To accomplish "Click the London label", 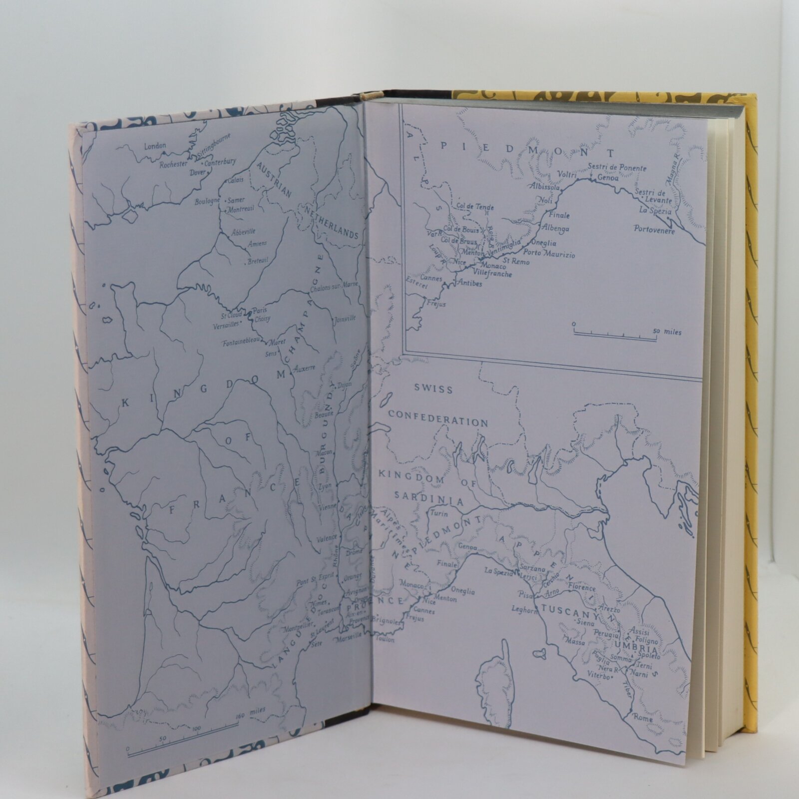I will (x=155, y=146).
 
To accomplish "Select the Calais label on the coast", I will (x=235, y=181).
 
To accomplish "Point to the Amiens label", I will (x=257, y=243).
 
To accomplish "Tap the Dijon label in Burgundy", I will (x=345, y=385).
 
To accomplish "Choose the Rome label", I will (x=643, y=718).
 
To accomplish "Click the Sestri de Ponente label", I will (x=617, y=168).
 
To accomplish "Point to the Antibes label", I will (x=470, y=284).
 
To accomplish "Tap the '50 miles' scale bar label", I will (x=667, y=332).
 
